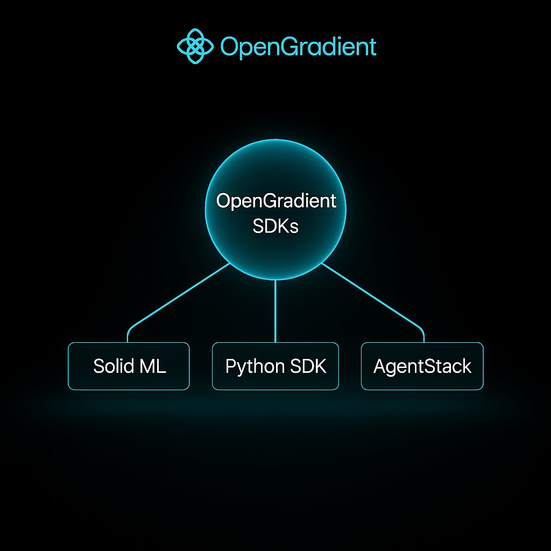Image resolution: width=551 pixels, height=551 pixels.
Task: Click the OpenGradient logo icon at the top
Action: coord(195,46)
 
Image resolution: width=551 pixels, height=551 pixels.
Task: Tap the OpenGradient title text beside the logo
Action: coord(298,47)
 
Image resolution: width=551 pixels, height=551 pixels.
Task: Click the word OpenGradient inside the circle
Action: coord(275,201)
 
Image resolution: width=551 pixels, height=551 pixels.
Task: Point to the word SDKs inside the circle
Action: coord(275,226)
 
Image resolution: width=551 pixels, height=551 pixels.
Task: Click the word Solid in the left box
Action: coord(113,366)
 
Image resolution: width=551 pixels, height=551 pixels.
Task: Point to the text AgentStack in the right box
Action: coord(422,366)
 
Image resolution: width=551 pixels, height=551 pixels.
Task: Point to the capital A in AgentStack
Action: coord(379,366)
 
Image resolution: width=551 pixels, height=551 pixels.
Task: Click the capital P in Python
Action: coord(231,366)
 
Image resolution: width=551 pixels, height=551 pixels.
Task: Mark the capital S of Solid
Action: coord(98,366)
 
